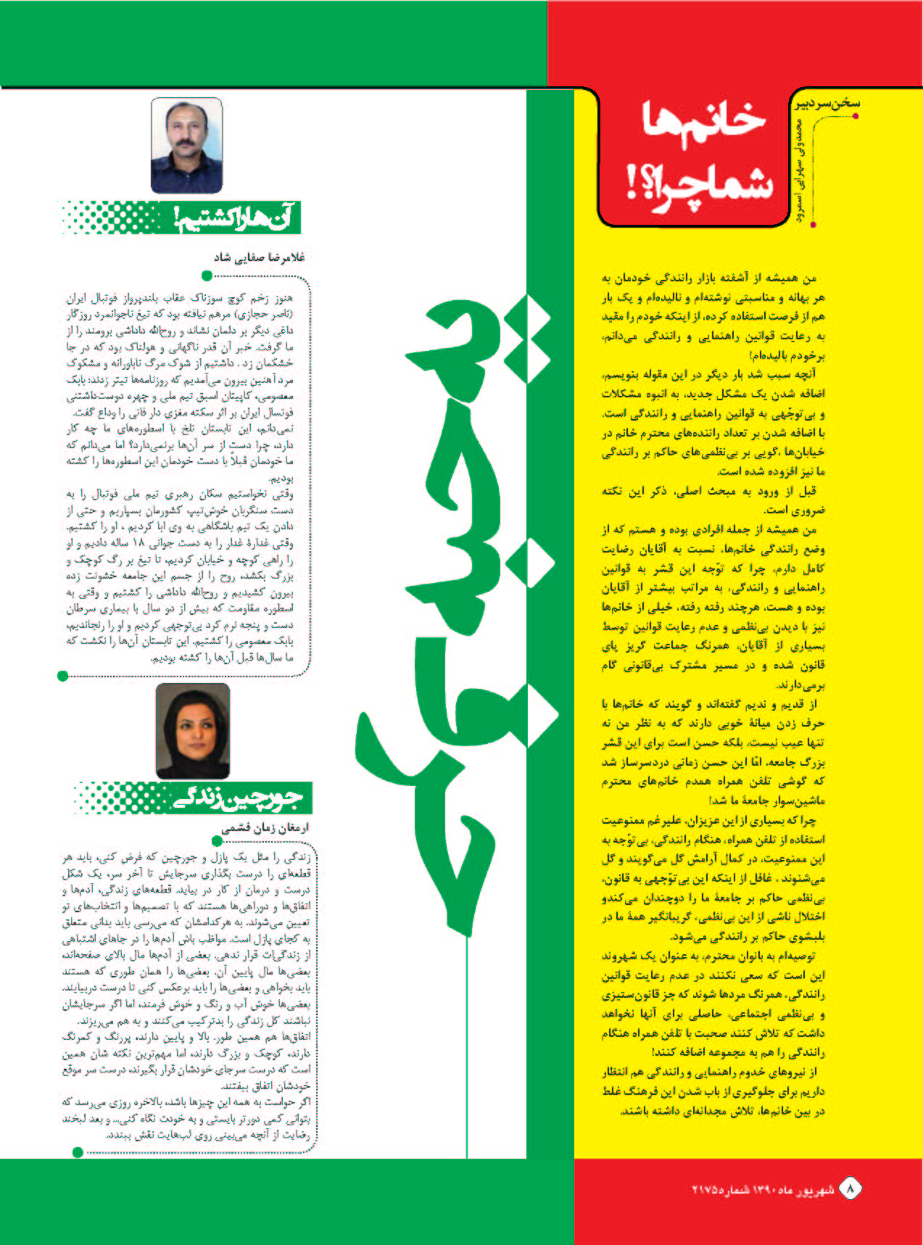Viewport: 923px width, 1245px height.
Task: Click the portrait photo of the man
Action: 186,145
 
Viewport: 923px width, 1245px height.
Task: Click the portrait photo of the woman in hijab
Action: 193,730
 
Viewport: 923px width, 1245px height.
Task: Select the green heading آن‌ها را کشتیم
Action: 235,218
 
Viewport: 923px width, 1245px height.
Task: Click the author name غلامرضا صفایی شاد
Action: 259,257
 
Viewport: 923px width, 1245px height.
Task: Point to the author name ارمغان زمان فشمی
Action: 265,828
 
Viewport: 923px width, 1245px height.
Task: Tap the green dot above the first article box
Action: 207,276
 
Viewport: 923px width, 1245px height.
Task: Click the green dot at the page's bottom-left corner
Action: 78,1152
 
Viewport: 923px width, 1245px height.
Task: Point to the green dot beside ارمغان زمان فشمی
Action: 216,841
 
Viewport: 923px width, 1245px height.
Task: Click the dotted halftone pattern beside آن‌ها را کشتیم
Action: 116,218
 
